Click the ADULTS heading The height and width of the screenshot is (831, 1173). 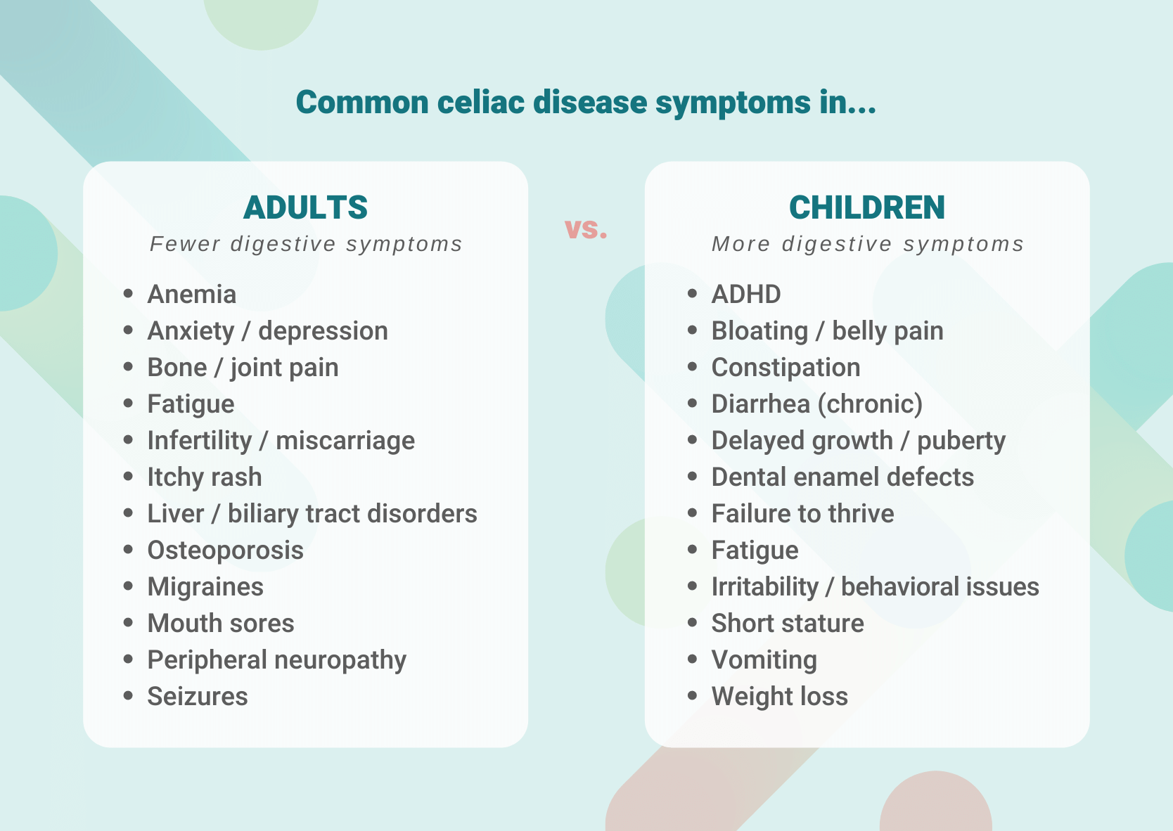pyautogui.click(x=305, y=207)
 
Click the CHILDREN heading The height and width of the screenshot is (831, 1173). pyautogui.click(x=867, y=207)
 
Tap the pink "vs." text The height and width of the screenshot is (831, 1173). pyautogui.click(x=586, y=228)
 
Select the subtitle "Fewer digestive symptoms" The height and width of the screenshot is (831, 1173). pyautogui.click(x=307, y=244)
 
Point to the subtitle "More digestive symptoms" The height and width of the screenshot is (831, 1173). pyautogui.click(x=868, y=244)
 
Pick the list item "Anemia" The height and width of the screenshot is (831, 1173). pyautogui.click(x=192, y=295)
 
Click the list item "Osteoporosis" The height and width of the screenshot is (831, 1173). pyautogui.click(x=225, y=550)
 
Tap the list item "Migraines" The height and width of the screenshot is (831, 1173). pyautogui.click(x=205, y=587)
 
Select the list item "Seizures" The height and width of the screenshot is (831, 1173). pyautogui.click(x=198, y=697)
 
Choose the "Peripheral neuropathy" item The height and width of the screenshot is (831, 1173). pyautogui.click(x=277, y=659)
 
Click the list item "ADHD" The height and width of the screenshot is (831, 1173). pyautogui.click(x=746, y=295)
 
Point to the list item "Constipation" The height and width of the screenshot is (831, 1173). pyautogui.click(x=786, y=368)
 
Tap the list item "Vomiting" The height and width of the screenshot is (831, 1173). pyautogui.click(x=764, y=659)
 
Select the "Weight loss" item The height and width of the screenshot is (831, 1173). pyautogui.click(x=780, y=697)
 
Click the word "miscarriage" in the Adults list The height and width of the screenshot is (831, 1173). pyautogui.click(x=345, y=441)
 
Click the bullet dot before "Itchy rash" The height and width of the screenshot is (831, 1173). pyautogui.click(x=128, y=477)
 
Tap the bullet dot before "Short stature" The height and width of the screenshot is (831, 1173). pyautogui.click(x=692, y=623)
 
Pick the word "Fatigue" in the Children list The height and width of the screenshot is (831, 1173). pyautogui.click(x=755, y=550)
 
